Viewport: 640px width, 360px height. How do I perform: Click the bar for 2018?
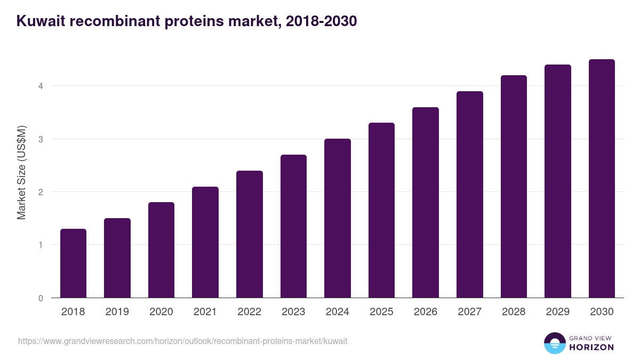point(73,263)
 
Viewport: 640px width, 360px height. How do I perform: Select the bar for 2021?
point(205,242)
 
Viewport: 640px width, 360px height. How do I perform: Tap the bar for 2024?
point(338,218)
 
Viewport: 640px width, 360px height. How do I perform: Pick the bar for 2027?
point(470,195)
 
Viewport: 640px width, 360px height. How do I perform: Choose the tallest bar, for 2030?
point(602,179)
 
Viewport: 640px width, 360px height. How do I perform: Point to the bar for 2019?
point(117,258)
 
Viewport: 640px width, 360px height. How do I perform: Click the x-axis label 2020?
point(161,312)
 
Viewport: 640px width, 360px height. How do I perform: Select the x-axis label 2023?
point(293,312)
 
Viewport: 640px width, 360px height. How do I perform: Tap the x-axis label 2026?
point(426,312)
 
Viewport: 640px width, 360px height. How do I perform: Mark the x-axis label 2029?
point(558,312)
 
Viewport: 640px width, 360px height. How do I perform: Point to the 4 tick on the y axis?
point(40,86)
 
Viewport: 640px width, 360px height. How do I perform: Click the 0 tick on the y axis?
point(40,298)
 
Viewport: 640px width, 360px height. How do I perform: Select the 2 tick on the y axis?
point(40,192)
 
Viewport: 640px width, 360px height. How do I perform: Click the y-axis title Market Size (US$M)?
point(21,172)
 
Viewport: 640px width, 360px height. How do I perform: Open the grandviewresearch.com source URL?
point(182,341)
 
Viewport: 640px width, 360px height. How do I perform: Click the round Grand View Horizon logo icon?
point(555,343)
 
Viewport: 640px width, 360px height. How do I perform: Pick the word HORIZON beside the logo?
point(591,347)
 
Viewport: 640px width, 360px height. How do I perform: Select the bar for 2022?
point(250,234)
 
